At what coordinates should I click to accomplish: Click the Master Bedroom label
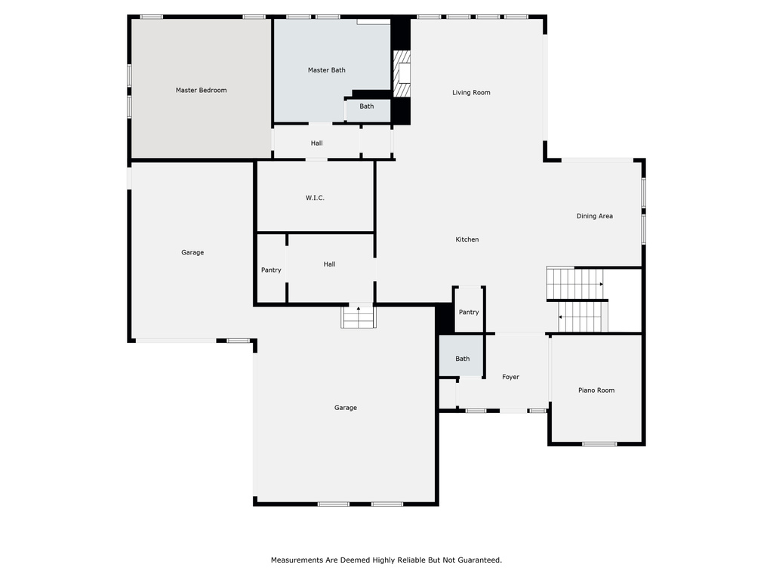pyautogui.click(x=201, y=91)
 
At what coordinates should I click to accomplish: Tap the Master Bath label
pyautogui.click(x=326, y=70)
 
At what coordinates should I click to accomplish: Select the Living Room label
pyautogui.click(x=471, y=92)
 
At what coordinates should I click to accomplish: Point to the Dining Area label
pyautogui.click(x=595, y=216)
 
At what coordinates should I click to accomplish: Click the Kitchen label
pyautogui.click(x=467, y=239)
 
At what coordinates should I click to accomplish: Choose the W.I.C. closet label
pyautogui.click(x=315, y=198)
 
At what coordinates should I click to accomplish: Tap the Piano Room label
pyautogui.click(x=596, y=390)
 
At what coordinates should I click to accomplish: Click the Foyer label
pyautogui.click(x=511, y=377)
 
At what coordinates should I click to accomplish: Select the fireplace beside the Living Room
pyautogui.click(x=402, y=74)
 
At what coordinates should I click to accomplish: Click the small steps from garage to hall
pyautogui.click(x=359, y=316)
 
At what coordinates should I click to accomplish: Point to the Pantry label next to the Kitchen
pyautogui.click(x=469, y=312)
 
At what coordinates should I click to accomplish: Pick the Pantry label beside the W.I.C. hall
pyautogui.click(x=271, y=270)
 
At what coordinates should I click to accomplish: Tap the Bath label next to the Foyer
pyautogui.click(x=463, y=359)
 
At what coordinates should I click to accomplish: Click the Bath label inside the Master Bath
pyautogui.click(x=366, y=106)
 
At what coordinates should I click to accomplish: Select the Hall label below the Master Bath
pyautogui.click(x=316, y=143)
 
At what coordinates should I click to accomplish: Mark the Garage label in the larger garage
pyautogui.click(x=346, y=407)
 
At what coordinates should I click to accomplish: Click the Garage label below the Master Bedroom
pyautogui.click(x=192, y=252)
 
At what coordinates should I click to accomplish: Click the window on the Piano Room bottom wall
pyautogui.click(x=599, y=444)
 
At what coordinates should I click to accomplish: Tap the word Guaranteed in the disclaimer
pyautogui.click(x=479, y=560)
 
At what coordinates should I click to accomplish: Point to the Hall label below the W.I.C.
pyautogui.click(x=329, y=264)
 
